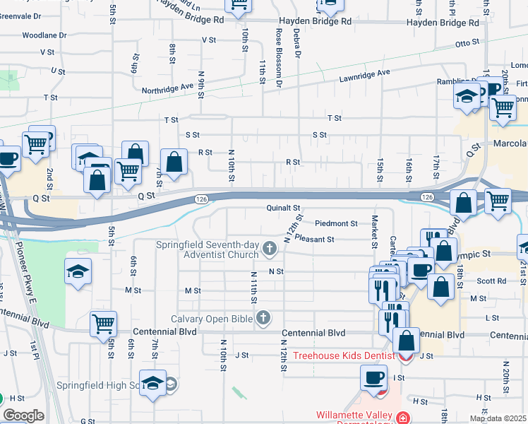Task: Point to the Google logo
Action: pyautogui.click(x=23, y=416)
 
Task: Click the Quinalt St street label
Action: pyautogui.click(x=284, y=208)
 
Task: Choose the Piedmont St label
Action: pyautogui.click(x=336, y=223)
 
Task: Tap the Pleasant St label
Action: pyautogui.click(x=314, y=240)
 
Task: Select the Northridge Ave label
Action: pyautogui.click(x=167, y=88)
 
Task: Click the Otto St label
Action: pyautogui.click(x=467, y=44)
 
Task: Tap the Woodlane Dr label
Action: pyautogui.click(x=44, y=35)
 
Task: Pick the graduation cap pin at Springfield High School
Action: pyautogui.click(x=152, y=383)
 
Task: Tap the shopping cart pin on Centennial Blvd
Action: pyautogui.click(x=103, y=324)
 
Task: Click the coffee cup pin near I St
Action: pyautogui.click(x=373, y=377)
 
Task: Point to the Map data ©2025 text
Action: pyautogui.click(x=498, y=418)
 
